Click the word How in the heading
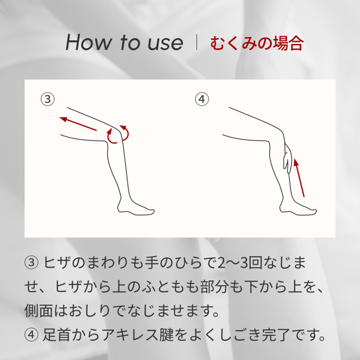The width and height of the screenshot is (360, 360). pyautogui.click(x=88, y=42)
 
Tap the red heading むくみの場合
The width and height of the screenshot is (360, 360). pyautogui.click(x=257, y=43)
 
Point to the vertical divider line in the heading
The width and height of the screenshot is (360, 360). pyautogui.click(x=196, y=42)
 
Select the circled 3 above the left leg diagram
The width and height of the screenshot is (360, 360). pyautogui.click(x=48, y=99)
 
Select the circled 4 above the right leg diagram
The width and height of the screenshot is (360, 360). pyautogui.click(x=202, y=99)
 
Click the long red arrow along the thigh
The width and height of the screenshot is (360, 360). pyautogui.click(x=78, y=124)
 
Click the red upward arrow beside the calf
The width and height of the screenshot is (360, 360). pyautogui.click(x=299, y=178)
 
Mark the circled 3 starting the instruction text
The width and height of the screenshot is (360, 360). pyautogui.click(x=31, y=262)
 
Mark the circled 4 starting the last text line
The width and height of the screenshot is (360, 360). pyautogui.click(x=31, y=335)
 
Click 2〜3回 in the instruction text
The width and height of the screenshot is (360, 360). pyautogui.click(x=240, y=262)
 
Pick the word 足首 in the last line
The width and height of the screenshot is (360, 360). pyautogui.click(x=57, y=335)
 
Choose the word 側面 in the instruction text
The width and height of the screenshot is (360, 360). pyautogui.click(x=38, y=311)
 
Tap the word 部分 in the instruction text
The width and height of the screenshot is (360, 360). pyautogui.click(x=215, y=286)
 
